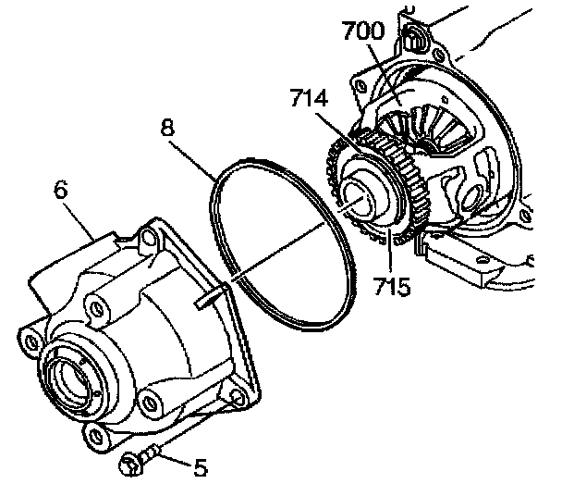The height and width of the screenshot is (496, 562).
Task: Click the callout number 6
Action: pos(61,191)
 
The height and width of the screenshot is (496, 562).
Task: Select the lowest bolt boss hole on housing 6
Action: pos(92,431)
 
